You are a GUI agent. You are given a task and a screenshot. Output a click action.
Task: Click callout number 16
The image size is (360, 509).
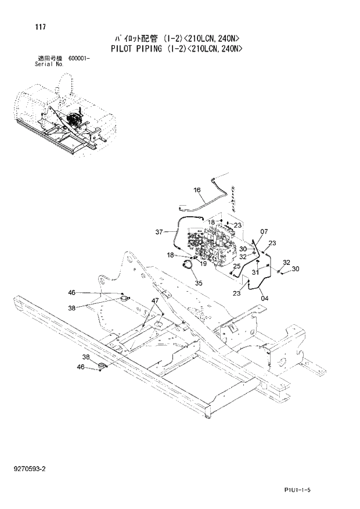(196, 190)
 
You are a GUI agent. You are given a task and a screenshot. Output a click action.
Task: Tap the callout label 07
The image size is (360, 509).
(264, 232)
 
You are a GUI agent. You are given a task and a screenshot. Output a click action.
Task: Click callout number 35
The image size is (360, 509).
(199, 283)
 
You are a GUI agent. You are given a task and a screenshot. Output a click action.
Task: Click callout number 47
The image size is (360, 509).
(155, 301)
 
